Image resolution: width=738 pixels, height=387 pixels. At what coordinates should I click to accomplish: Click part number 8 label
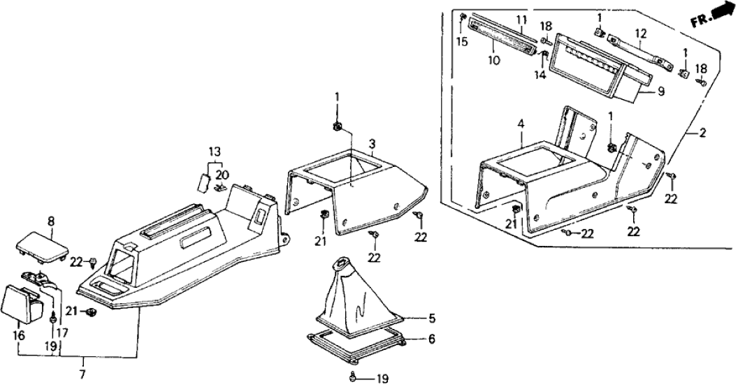50,221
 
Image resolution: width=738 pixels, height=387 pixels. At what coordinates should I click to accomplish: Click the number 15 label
461,42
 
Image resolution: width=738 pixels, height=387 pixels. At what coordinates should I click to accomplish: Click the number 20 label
222,174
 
